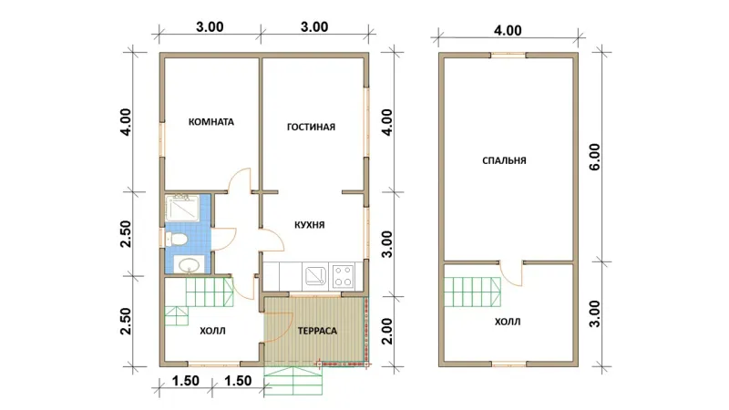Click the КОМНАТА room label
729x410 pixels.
coord(211,122)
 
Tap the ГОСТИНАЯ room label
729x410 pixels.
coord(311,127)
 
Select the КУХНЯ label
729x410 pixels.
coord(310,225)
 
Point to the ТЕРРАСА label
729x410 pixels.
coord(317,331)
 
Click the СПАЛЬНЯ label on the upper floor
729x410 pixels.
coord(505,161)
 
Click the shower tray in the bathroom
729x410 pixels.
coord(182,208)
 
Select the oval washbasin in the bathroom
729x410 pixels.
coord(190,266)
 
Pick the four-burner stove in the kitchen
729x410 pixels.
coord(344,276)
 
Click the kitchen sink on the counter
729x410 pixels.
coord(315,276)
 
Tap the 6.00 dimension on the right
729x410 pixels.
coord(595,157)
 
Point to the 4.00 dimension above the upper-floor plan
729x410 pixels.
coord(508,31)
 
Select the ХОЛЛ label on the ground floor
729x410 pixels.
coord(212,331)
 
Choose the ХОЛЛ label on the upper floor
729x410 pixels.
coord(508,322)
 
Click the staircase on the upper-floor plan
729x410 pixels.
coord(472,292)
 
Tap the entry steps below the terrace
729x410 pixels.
coord(293,381)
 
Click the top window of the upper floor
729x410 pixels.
coord(508,55)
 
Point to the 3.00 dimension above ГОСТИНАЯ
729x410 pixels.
coord(314,27)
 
